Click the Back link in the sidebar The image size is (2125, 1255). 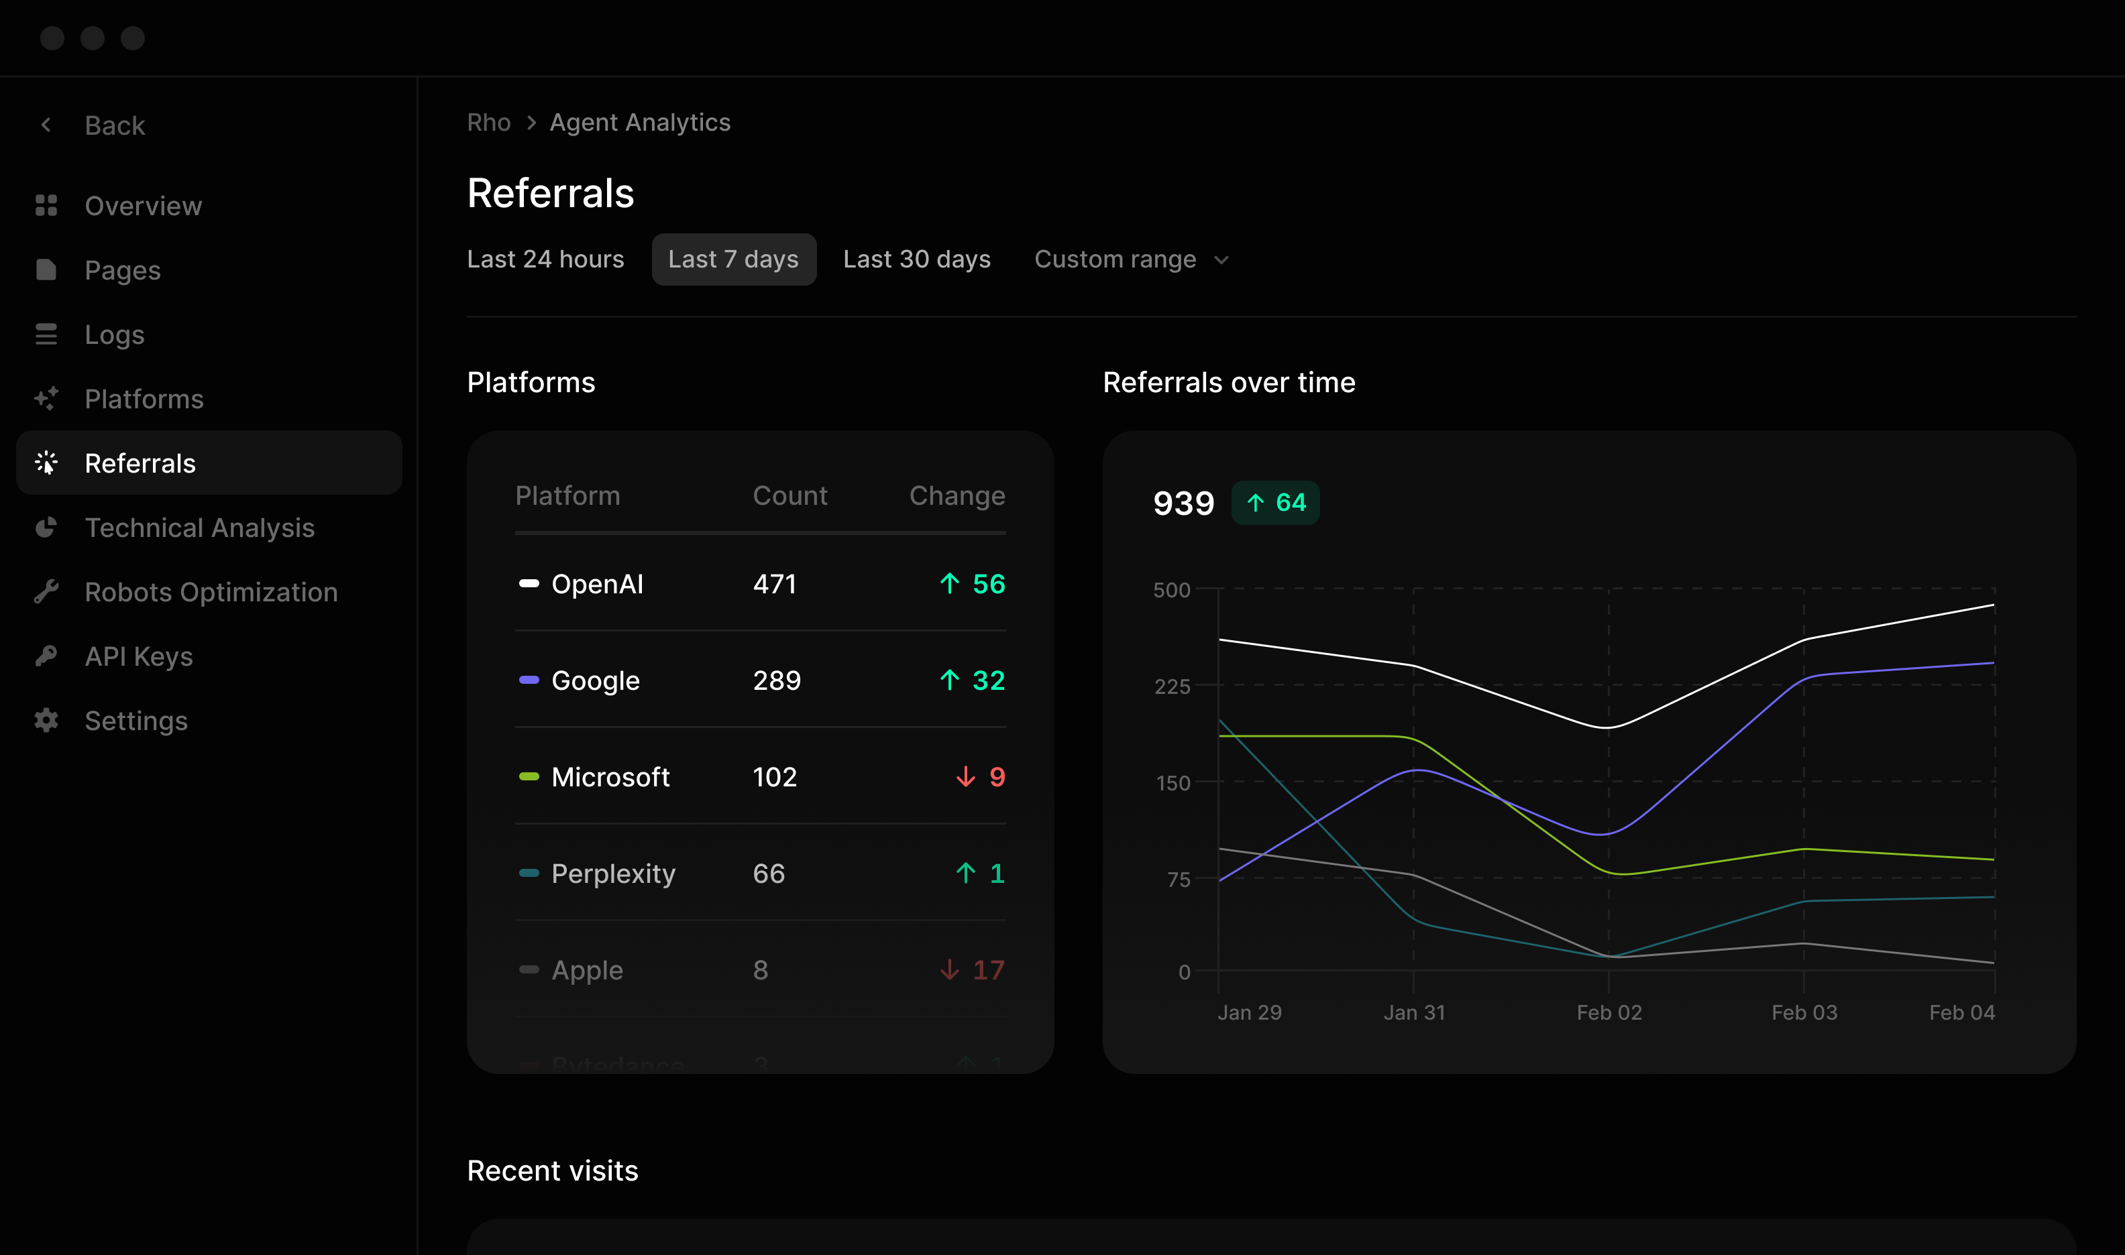113,125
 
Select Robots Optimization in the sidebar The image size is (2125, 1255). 211,592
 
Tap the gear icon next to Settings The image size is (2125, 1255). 46,721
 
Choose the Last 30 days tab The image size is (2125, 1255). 916,259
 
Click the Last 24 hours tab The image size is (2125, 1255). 545,259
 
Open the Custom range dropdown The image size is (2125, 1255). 1130,259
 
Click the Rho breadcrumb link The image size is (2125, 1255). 488,123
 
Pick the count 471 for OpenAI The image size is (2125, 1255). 774,583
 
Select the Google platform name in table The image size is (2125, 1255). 595,680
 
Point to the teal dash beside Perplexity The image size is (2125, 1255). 529,873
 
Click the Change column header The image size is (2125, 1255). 956,495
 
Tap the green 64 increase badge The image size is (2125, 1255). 1275,502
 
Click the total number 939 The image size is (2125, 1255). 1183,503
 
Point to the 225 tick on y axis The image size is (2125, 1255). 1172,686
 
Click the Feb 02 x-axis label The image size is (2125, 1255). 1608,1012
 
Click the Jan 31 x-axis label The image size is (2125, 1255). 1413,1012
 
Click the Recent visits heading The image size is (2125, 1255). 553,1171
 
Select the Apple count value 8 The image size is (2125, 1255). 760,969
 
